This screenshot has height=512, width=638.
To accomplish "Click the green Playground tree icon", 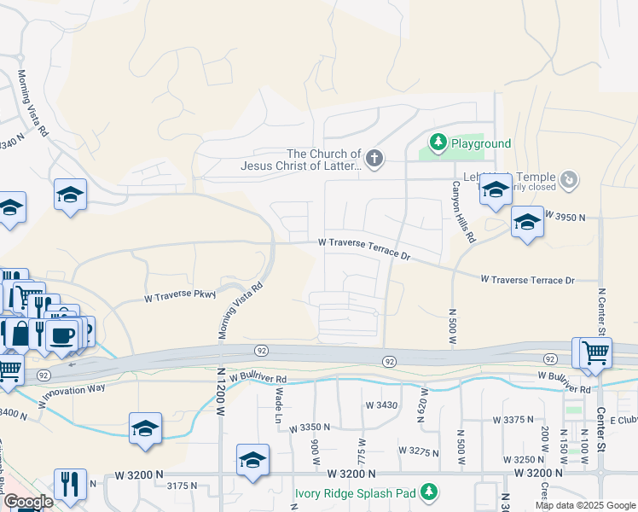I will tap(438, 142).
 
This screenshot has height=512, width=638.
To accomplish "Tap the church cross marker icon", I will tap(374, 158).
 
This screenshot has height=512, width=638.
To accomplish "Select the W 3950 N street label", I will tap(565, 218).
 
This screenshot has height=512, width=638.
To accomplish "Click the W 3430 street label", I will tap(381, 404).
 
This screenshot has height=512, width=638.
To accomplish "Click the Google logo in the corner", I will tap(28, 502).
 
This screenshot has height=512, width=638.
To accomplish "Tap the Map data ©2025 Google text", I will tap(586, 505).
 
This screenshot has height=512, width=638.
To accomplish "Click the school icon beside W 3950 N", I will tap(527, 223).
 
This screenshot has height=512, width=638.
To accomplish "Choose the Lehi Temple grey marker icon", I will tap(571, 180).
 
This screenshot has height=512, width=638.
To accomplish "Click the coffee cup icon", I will tap(63, 333).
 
